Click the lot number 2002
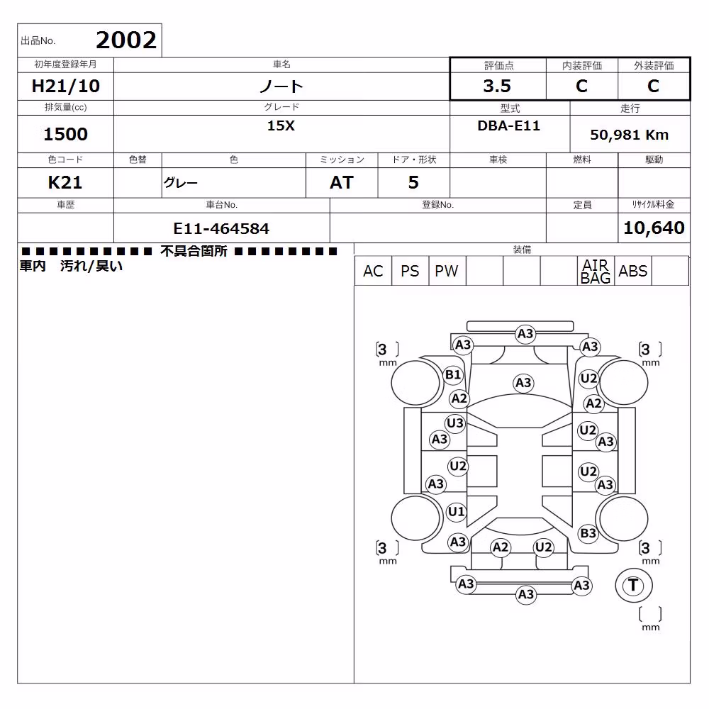pos(126,40)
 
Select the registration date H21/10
pos(65,86)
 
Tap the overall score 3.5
pos(497,86)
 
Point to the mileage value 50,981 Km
pos(629,135)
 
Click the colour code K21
pos(65,183)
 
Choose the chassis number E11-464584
pos(221,229)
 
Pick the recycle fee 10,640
pos(654,228)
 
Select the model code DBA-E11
pos(508,125)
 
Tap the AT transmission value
pos(342,183)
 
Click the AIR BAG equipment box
pos(596,272)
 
